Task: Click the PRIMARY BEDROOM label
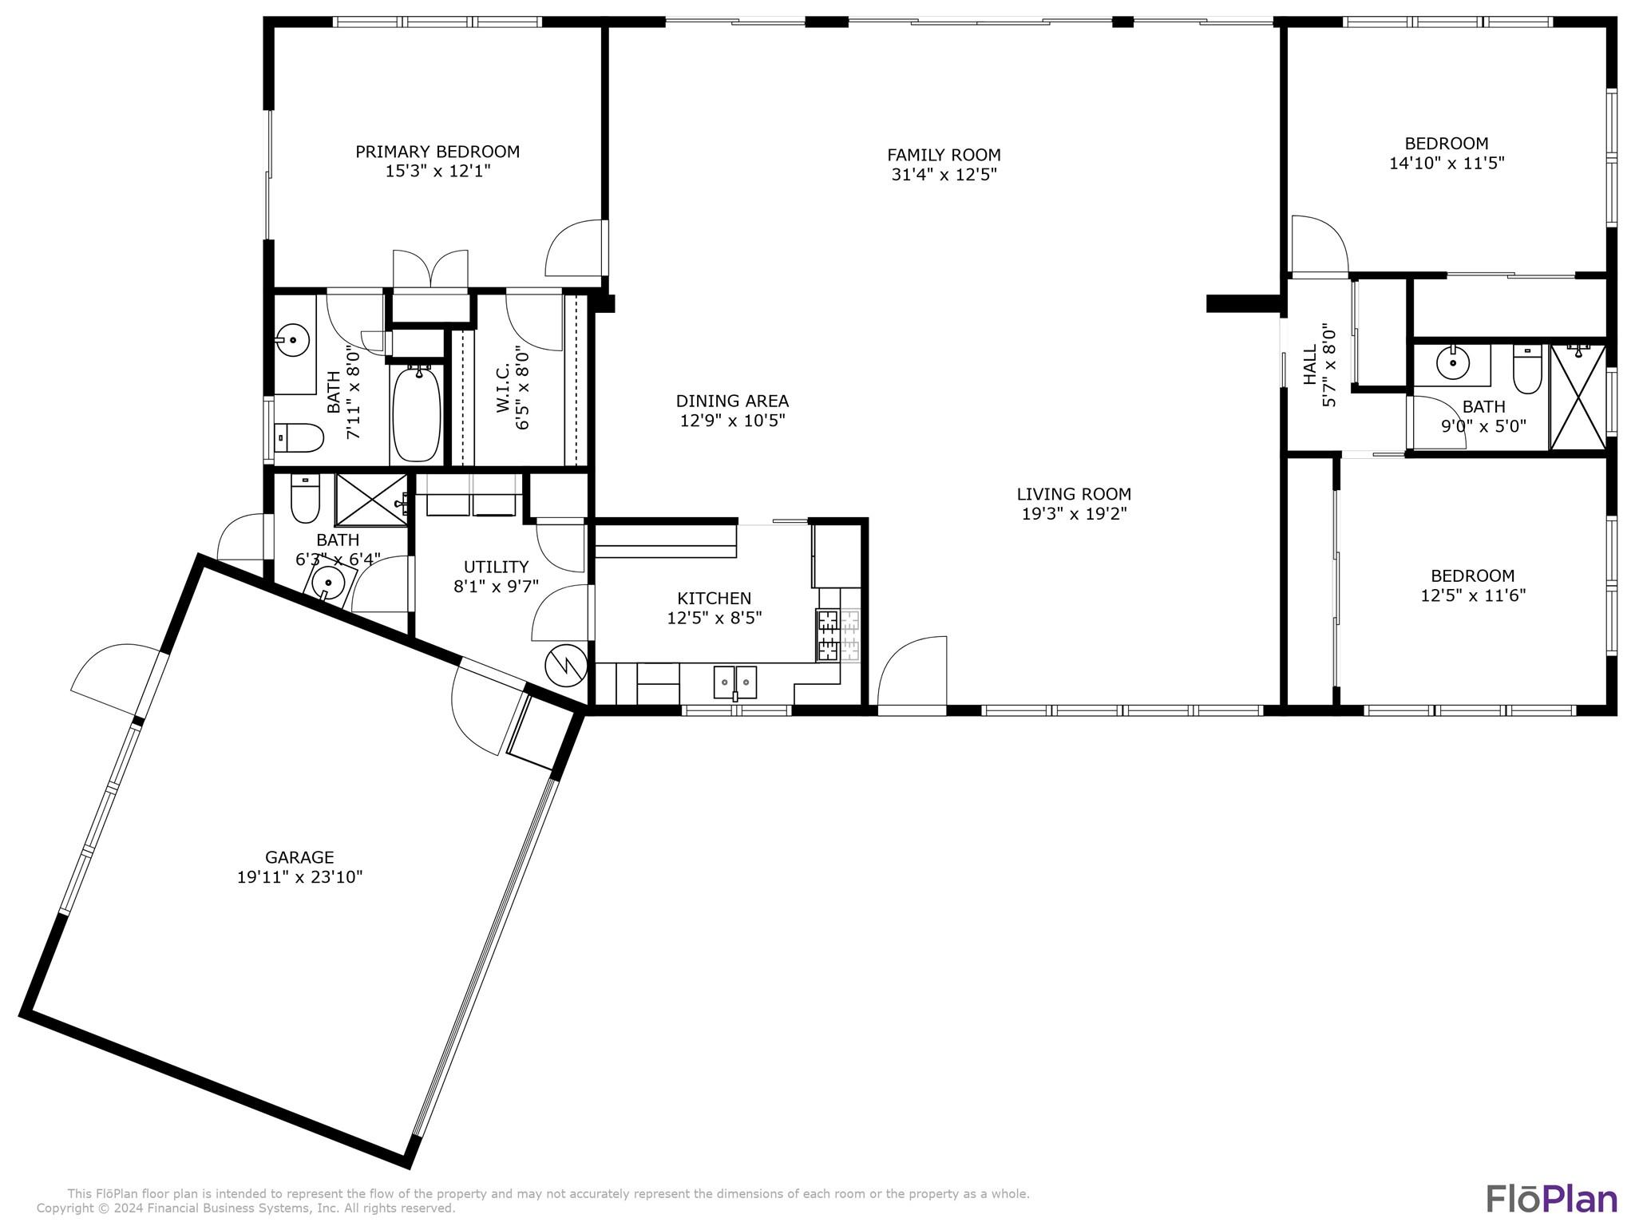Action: click(437, 152)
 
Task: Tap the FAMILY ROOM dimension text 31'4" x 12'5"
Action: click(944, 174)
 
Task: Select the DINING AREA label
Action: click(732, 401)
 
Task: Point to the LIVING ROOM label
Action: click(1074, 494)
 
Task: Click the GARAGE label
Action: click(299, 857)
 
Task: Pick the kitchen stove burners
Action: click(838, 635)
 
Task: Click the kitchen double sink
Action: click(735, 682)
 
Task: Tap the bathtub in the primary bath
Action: click(417, 413)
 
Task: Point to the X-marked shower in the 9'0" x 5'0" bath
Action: click(1578, 397)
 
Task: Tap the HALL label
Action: click(1310, 365)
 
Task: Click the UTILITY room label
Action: click(497, 567)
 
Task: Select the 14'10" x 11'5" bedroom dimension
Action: click(1447, 163)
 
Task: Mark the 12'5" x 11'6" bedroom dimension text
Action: click(1473, 595)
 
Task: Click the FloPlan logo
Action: click(1551, 1199)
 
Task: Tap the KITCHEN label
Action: click(715, 598)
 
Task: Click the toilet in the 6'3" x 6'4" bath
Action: click(305, 498)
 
